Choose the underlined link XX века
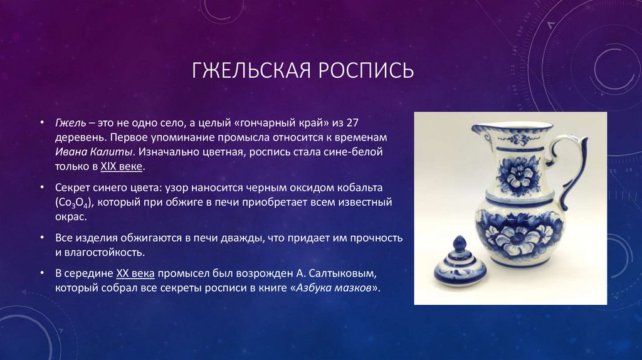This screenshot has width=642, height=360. (137, 274)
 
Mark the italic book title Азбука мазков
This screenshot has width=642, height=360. (335, 289)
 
